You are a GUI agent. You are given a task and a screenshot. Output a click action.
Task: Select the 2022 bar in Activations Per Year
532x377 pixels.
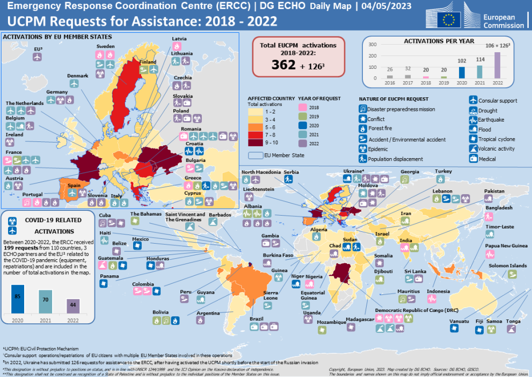point(497,69)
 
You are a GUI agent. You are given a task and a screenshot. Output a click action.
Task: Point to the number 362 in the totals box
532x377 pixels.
point(283,65)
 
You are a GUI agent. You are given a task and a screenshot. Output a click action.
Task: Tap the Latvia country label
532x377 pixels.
point(179,39)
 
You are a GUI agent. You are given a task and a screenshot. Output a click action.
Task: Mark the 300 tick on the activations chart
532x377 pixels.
point(373,45)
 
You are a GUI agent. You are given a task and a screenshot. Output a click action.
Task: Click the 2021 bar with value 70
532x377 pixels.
point(46,301)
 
